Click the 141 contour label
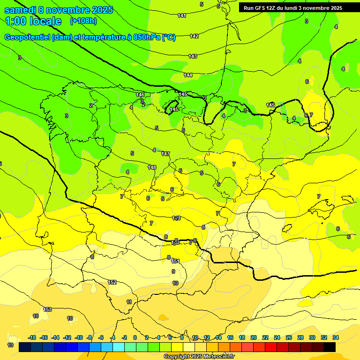182,16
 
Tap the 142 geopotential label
194,36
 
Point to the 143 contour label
193,56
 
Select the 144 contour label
188,75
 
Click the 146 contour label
140,95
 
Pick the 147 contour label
165,154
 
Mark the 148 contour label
152,167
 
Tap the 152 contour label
112,282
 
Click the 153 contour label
47,309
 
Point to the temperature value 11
129,302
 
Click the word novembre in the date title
69,10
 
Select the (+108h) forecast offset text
83,21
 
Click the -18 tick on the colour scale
32,337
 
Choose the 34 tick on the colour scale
335,337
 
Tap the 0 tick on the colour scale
135,337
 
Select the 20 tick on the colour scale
254,337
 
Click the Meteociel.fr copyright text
220,357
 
